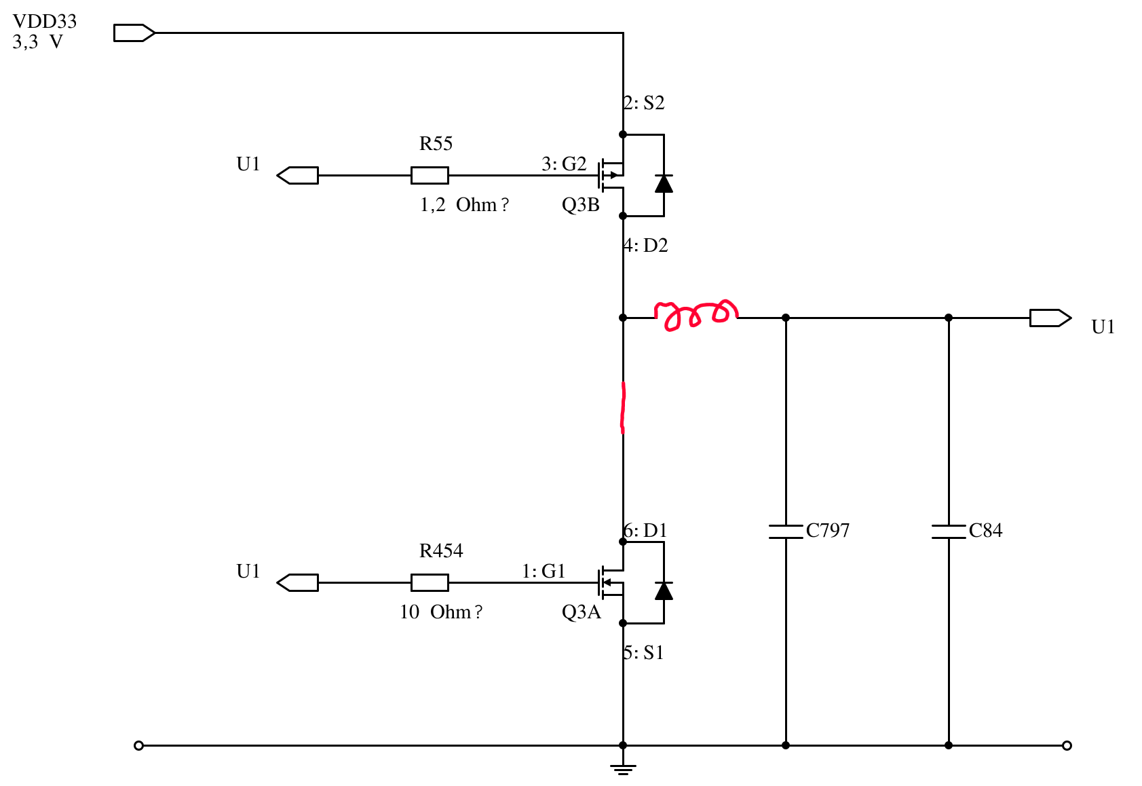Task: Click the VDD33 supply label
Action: pos(44,22)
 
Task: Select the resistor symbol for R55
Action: pos(430,176)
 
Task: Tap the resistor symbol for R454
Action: pos(430,582)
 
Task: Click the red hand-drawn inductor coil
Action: pos(696,315)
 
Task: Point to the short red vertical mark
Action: pos(623,407)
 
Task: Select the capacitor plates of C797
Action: pos(786,531)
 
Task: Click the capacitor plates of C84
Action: pos(948,531)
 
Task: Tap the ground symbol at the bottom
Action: pos(623,769)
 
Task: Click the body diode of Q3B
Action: pos(664,183)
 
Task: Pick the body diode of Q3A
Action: pos(664,591)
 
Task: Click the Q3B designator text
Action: pos(580,204)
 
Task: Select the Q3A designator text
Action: pos(582,612)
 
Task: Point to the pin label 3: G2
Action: pos(564,164)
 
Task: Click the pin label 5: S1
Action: pos(643,652)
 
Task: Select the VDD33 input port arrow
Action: pos(134,33)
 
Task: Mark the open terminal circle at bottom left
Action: pos(138,746)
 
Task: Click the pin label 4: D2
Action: pos(645,245)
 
